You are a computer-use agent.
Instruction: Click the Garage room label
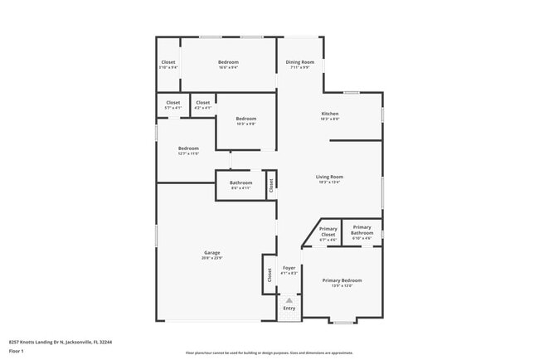pos(211,252)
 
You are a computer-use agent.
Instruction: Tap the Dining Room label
pos(299,63)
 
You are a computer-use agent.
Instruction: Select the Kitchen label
pos(330,114)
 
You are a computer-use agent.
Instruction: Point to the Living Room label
pos(329,177)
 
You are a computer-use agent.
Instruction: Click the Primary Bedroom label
pos(342,280)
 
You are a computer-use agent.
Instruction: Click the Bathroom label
pos(240,182)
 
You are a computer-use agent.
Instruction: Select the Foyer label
pos(289,268)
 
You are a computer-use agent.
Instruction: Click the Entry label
pos(289,309)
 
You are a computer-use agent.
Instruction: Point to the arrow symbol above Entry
pos(289,300)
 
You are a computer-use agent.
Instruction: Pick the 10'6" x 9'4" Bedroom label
pos(228,63)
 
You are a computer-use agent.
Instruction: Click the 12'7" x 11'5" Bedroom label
pos(188,148)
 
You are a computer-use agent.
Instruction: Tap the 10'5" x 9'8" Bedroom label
pos(245,119)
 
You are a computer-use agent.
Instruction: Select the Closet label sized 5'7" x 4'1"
pos(172,103)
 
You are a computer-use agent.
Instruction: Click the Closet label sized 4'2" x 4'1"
pos(203,103)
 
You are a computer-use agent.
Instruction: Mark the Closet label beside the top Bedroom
pos(168,63)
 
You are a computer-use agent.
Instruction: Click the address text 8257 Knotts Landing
pos(61,341)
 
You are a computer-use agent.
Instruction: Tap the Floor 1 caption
pos(16,352)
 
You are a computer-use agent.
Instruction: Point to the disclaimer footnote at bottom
pos(269,353)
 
